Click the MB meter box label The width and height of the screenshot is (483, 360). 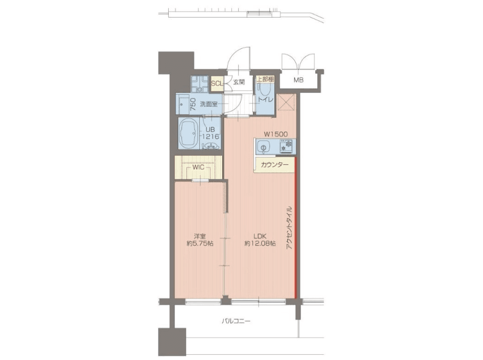298,80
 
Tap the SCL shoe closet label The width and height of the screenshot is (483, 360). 216,83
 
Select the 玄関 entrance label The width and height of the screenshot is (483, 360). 238,82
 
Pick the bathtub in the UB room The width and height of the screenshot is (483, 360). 189,133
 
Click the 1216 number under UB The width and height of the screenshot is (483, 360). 211,137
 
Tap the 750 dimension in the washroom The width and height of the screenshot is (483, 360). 193,104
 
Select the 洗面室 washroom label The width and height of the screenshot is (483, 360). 209,104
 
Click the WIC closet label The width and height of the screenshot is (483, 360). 198,167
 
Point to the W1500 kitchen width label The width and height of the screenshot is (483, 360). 276,134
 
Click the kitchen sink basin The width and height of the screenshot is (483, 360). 263,147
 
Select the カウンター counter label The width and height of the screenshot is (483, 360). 274,165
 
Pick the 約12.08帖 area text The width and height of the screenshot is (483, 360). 260,244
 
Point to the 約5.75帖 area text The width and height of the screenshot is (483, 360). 200,244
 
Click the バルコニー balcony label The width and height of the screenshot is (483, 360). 236,321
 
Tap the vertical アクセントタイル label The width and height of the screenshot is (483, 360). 289,227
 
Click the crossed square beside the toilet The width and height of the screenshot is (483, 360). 286,102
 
